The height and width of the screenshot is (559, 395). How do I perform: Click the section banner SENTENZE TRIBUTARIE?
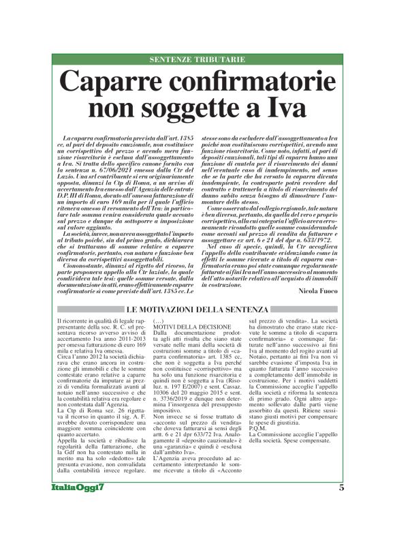tap(197, 60)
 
